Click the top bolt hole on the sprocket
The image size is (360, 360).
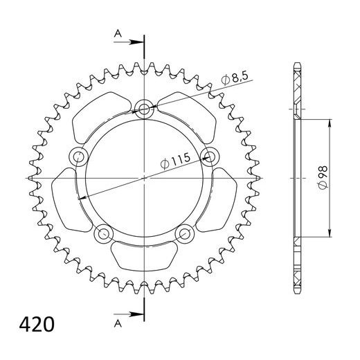pos(145,108)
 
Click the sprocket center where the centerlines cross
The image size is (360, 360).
pos(145,178)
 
